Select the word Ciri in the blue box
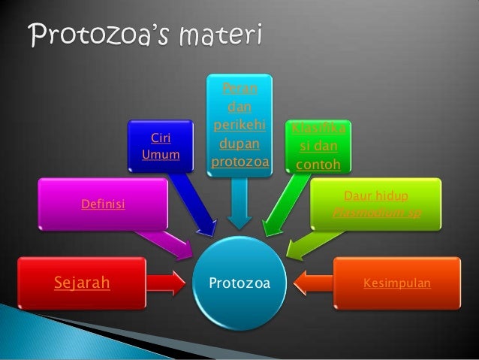(x=161, y=138)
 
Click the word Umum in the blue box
(x=161, y=155)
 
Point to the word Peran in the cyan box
(x=240, y=90)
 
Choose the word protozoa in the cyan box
(x=240, y=162)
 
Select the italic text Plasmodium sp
(x=377, y=213)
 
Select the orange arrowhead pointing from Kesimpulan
(x=304, y=283)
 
